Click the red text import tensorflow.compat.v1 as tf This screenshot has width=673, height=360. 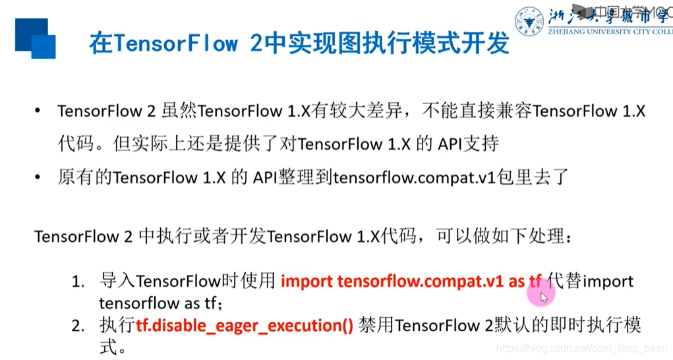(411, 282)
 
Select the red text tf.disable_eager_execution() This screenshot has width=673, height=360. (245, 325)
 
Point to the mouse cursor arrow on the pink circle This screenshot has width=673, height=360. (543, 297)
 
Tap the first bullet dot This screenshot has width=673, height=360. (38, 111)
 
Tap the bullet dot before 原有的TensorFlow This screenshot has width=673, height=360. (38, 178)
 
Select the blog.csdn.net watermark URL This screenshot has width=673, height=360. (580, 347)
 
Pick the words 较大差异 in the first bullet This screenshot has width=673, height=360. (376, 111)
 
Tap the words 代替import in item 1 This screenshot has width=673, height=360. (590, 282)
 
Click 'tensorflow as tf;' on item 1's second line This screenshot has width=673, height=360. (161, 303)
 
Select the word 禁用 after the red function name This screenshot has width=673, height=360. (376, 325)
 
